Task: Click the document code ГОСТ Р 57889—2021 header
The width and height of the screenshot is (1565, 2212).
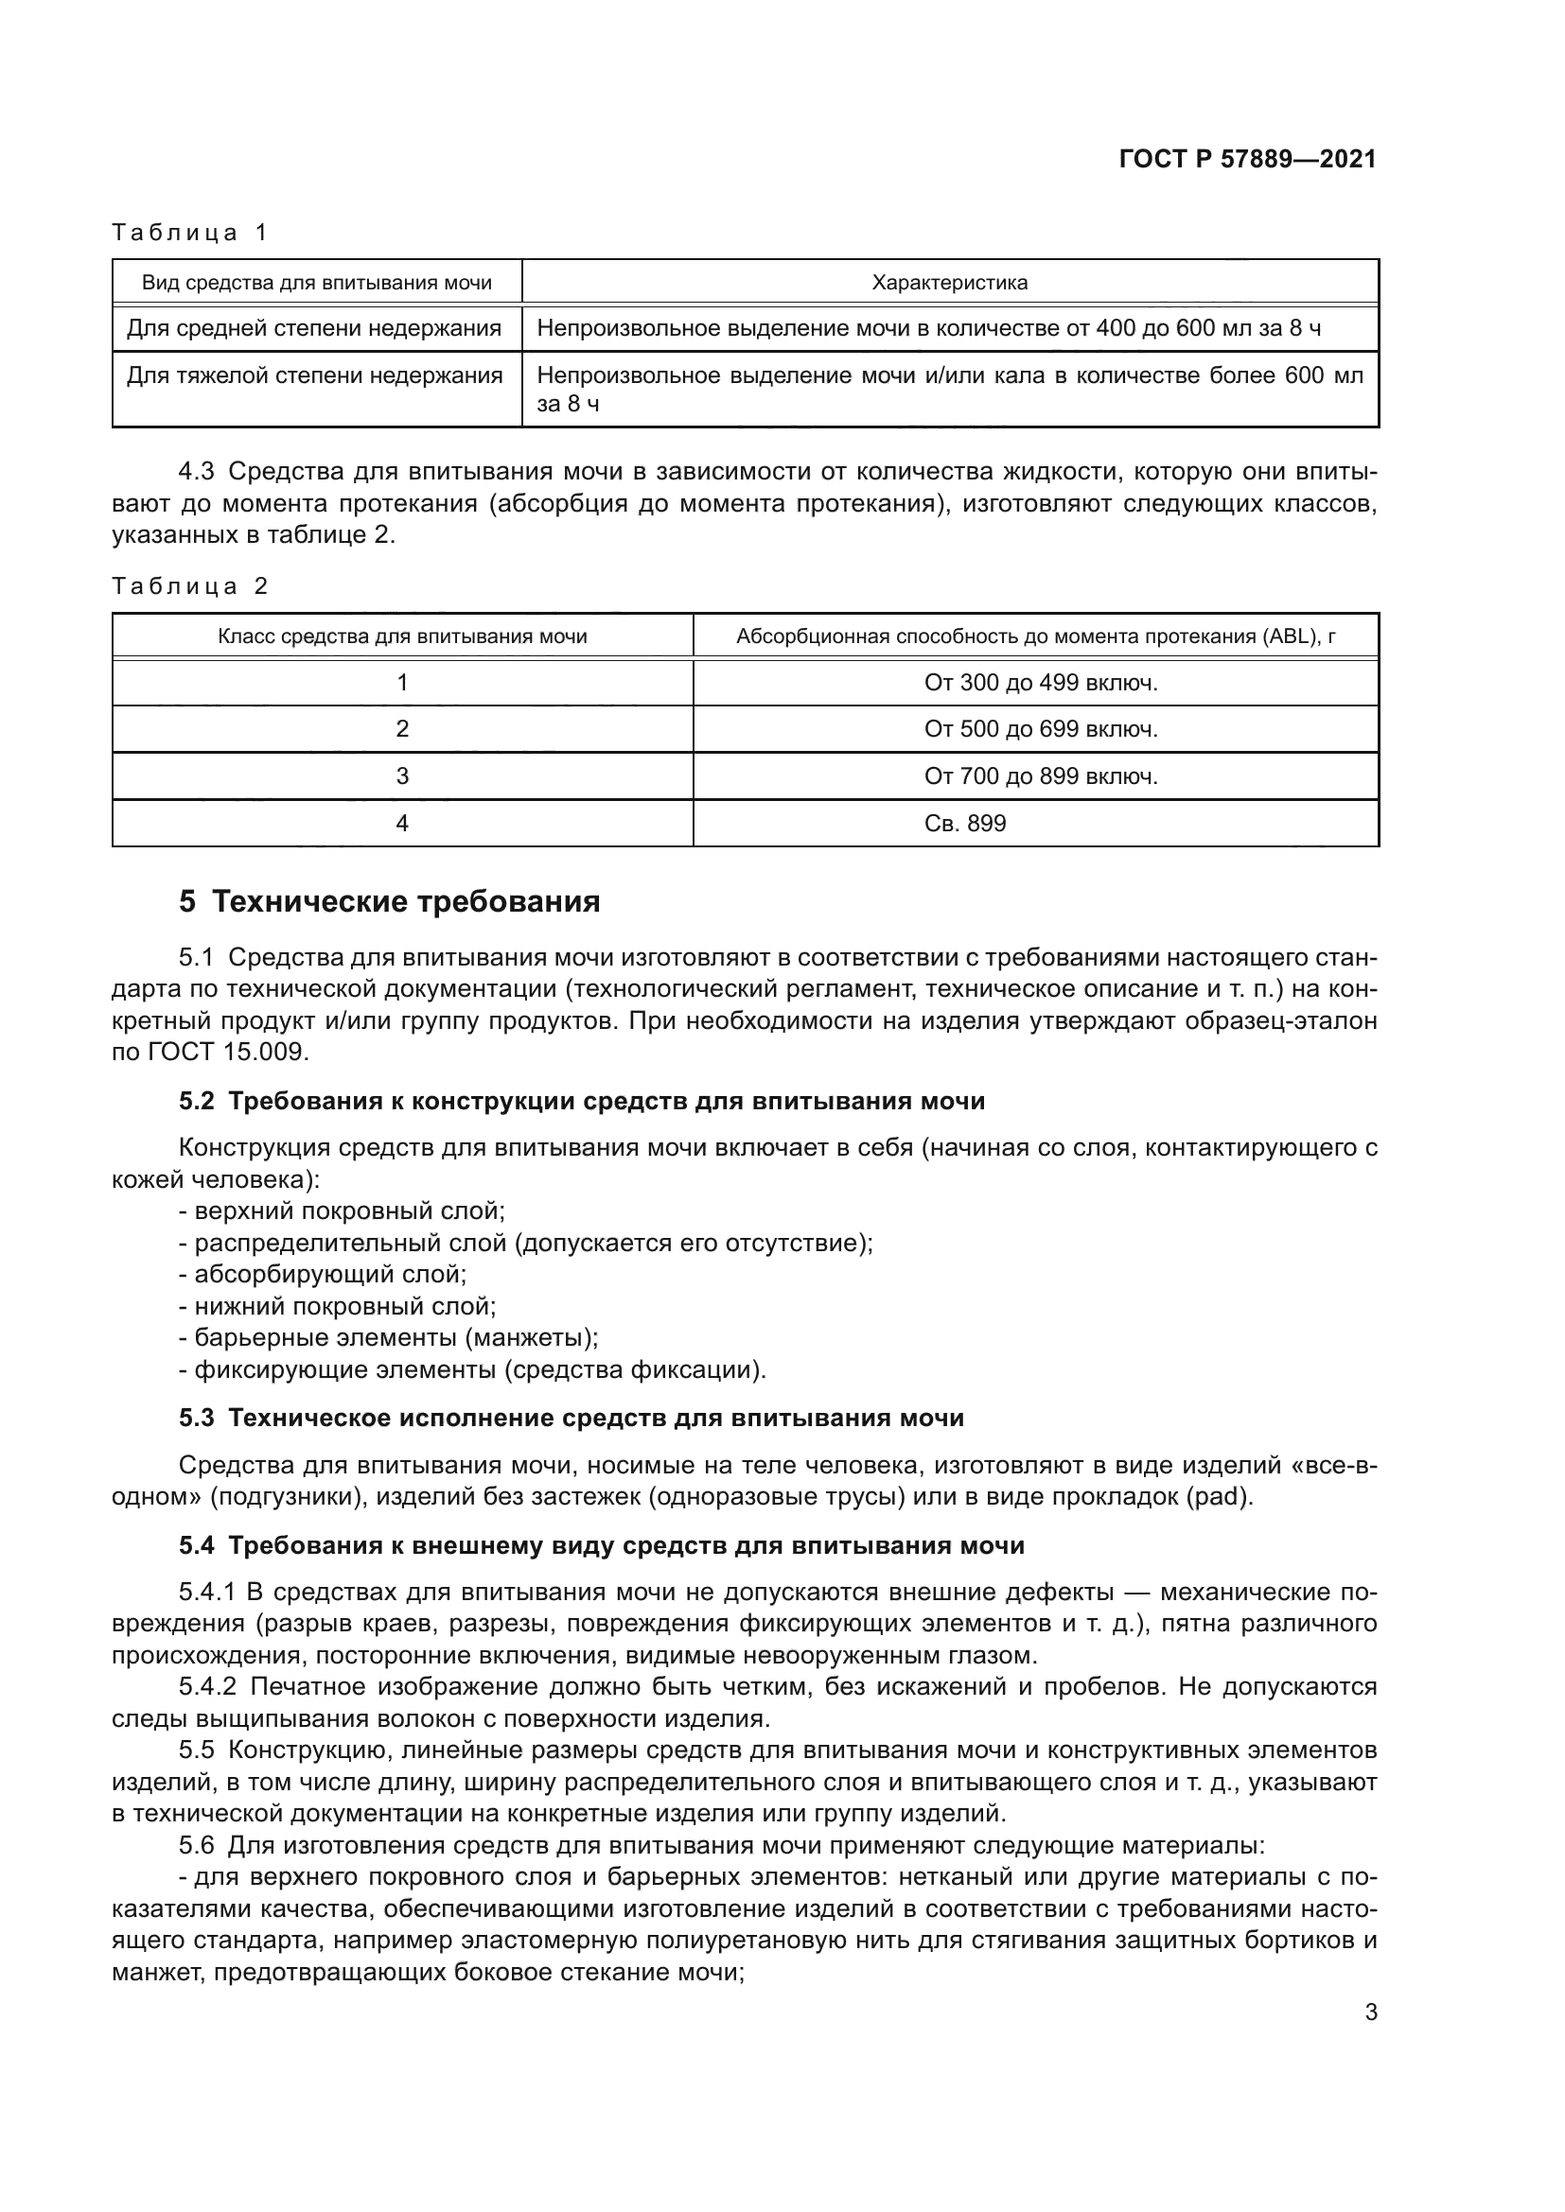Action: (x=1247, y=159)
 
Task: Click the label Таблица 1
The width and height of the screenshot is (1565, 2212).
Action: (x=190, y=233)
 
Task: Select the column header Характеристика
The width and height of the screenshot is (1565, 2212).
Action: (x=949, y=282)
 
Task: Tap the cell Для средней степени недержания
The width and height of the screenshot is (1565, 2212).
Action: (x=314, y=328)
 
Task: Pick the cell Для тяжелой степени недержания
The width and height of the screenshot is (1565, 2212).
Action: (x=315, y=375)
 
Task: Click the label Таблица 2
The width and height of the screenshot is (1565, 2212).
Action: (x=190, y=585)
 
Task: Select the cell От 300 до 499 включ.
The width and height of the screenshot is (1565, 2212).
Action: (x=1041, y=683)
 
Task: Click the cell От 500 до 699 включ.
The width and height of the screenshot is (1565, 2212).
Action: (x=1041, y=729)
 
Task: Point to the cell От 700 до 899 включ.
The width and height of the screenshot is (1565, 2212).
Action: (x=1041, y=776)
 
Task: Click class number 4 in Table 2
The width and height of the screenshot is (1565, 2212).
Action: (x=402, y=824)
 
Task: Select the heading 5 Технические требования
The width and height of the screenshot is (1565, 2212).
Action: (x=389, y=902)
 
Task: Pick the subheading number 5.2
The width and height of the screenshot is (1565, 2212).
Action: (x=197, y=1101)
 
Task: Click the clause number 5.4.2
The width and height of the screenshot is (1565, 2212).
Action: (x=207, y=1687)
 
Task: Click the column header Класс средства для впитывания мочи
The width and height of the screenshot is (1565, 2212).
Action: (x=402, y=636)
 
